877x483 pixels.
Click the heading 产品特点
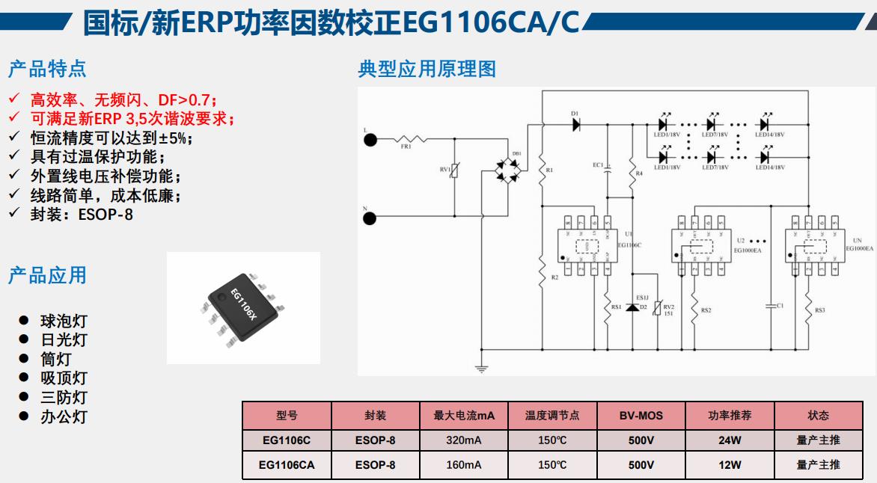[47, 70]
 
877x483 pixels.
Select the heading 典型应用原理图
[427, 70]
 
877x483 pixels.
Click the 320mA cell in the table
[464, 440]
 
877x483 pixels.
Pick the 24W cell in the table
[730, 440]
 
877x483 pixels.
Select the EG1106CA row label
[287, 465]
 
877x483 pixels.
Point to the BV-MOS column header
[641, 416]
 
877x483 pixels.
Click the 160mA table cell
[464, 465]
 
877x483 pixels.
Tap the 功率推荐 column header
[730, 416]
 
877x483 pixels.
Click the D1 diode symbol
[576, 125]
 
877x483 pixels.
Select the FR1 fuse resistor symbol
[409, 139]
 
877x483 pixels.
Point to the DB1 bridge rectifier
[513, 173]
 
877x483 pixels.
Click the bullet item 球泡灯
[64, 322]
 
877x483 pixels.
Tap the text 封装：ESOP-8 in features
[82, 215]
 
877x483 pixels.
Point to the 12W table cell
[730, 465]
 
